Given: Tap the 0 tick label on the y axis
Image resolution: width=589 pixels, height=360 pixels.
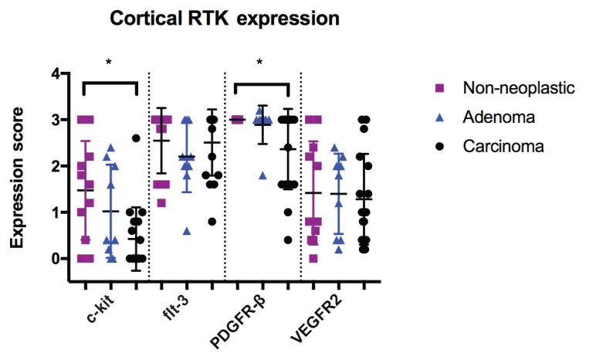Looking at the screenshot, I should (x=55, y=259).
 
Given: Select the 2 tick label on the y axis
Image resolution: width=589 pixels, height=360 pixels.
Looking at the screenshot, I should (x=55, y=166).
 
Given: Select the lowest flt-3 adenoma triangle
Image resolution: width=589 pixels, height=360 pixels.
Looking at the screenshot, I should (x=186, y=231).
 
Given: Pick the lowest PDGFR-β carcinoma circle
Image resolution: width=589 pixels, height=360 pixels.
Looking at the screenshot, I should (x=288, y=240).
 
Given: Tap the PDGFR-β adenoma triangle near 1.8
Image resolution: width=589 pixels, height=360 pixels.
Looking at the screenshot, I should (x=262, y=175).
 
